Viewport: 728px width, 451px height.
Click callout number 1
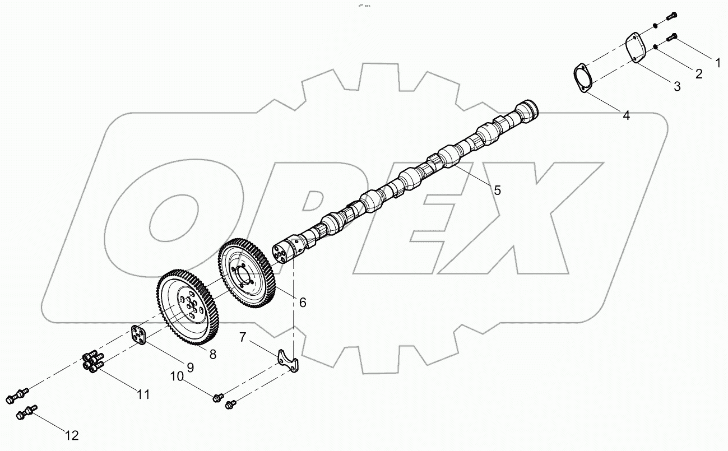716,63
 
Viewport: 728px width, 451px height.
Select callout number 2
698,73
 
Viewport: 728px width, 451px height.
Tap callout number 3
676,86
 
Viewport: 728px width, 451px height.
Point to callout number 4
626,115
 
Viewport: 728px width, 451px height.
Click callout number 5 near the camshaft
497,189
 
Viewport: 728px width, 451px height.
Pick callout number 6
302,303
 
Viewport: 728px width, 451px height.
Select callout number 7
243,337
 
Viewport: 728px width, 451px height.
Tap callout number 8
213,354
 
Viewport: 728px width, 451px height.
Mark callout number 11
144,394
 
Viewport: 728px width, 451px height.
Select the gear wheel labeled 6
247,273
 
